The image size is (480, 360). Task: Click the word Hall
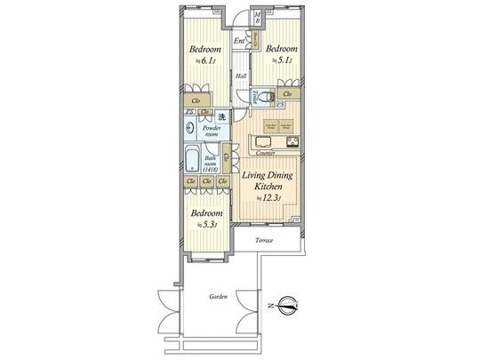pos(241,76)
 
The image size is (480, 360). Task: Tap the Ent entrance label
pos(240,41)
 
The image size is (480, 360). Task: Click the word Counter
pos(265,154)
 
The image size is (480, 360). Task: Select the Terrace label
pos(264,242)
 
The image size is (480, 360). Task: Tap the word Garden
pos(219,297)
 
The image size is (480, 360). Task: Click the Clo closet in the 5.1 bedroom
pos(287,93)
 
